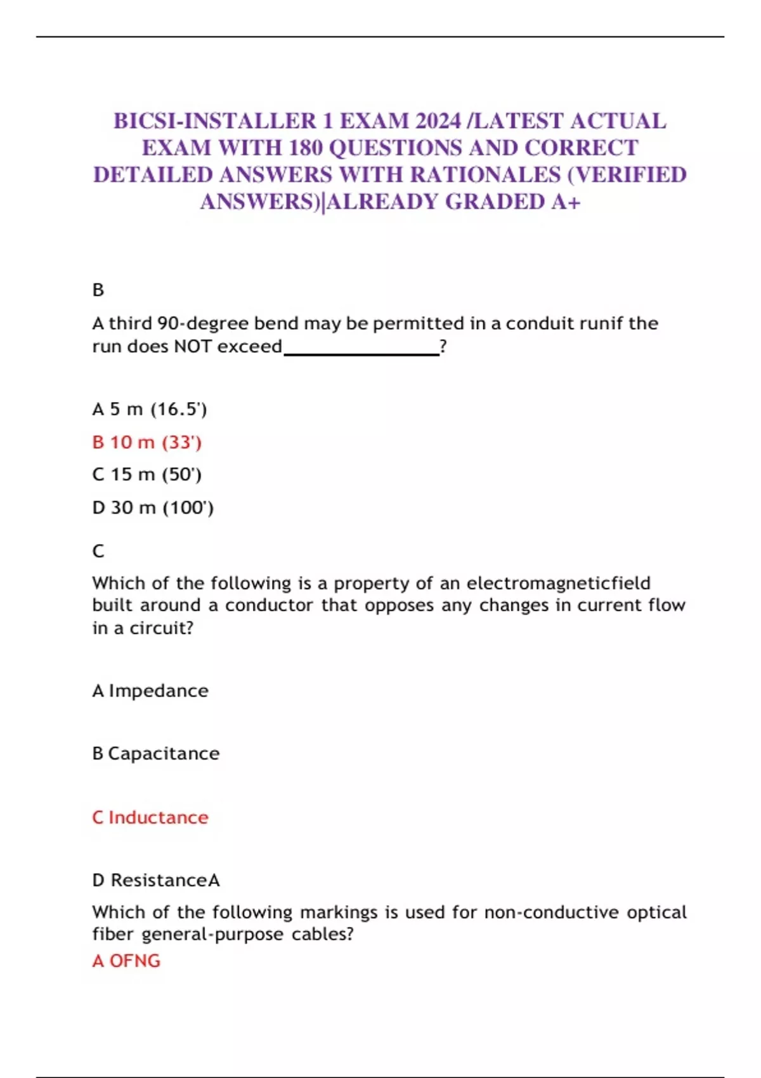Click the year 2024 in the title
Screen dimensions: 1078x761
pyautogui.click(x=438, y=120)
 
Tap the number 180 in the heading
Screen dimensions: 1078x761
pyautogui.click(x=306, y=148)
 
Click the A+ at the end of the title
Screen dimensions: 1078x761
pyautogui.click(x=566, y=202)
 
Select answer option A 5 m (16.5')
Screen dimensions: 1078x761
pyautogui.click(x=150, y=409)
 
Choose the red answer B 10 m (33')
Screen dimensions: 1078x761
pyautogui.click(x=147, y=442)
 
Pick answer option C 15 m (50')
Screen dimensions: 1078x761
pyautogui.click(x=147, y=474)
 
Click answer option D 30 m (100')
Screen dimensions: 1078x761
pyautogui.click(x=153, y=507)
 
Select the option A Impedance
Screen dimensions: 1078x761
pyautogui.click(x=150, y=691)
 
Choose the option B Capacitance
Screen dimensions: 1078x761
pyautogui.click(x=156, y=753)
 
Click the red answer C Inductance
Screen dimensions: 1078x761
pyautogui.click(x=150, y=817)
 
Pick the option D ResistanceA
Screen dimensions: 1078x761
pyautogui.click(x=156, y=880)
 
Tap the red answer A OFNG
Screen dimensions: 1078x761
pyautogui.click(x=126, y=961)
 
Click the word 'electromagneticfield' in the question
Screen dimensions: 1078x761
pyautogui.click(x=559, y=583)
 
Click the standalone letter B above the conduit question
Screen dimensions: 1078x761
pyautogui.click(x=98, y=290)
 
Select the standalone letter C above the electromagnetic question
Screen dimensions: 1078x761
pyautogui.click(x=98, y=551)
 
